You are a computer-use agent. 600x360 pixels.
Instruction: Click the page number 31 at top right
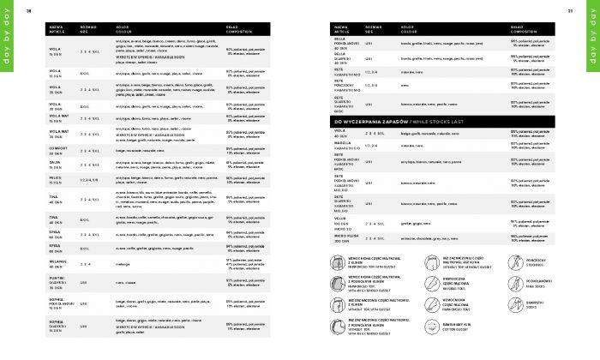click(x=569, y=10)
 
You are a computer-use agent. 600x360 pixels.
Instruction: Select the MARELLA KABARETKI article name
click(x=346, y=146)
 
